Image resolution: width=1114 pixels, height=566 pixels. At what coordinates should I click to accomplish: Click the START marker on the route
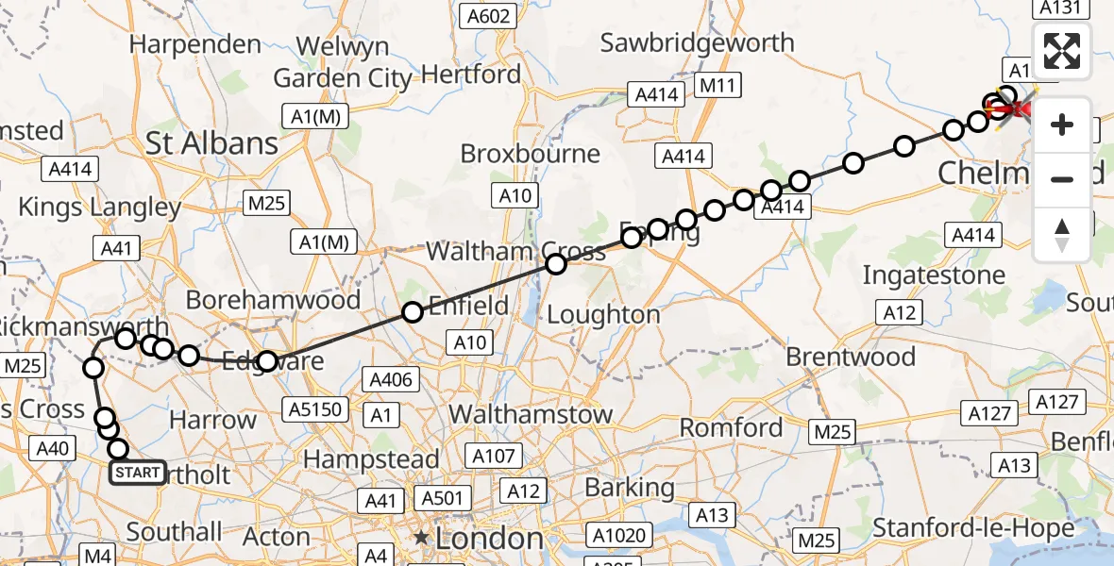(x=138, y=472)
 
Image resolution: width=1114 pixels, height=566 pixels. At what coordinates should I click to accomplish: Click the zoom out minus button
(x=1062, y=179)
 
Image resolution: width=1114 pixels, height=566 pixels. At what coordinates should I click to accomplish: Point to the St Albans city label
(x=212, y=143)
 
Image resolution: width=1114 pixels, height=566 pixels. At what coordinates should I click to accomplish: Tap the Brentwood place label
(x=851, y=357)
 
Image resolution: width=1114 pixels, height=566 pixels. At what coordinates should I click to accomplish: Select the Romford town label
(x=732, y=428)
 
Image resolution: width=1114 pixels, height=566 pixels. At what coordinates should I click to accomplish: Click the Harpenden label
(x=195, y=44)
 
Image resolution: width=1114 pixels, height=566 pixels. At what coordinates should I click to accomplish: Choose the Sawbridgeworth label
(x=698, y=42)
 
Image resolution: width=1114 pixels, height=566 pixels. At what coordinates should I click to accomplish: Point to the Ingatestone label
(x=936, y=275)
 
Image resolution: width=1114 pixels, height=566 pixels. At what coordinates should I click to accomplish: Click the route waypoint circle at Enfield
(x=413, y=312)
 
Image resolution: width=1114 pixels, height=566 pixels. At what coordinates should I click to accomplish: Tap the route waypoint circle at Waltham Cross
(x=556, y=264)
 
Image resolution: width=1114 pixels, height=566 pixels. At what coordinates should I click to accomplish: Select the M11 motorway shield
(x=719, y=87)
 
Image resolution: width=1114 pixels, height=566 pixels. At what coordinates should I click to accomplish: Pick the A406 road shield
(x=390, y=379)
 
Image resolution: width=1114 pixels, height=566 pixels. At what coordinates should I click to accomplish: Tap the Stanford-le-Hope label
(x=973, y=528)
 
